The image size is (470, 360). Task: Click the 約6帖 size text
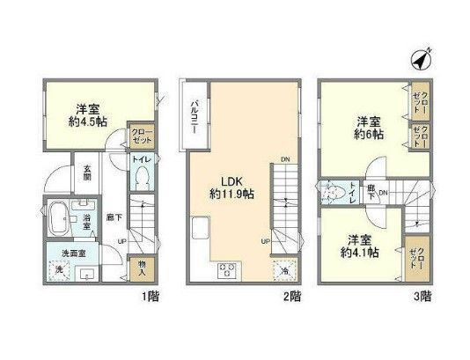click(369, 134)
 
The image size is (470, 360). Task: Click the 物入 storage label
click(140, 266)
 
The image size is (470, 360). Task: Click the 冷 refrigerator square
click(285, 270)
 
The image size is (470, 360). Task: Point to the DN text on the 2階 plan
click(284, 158)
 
